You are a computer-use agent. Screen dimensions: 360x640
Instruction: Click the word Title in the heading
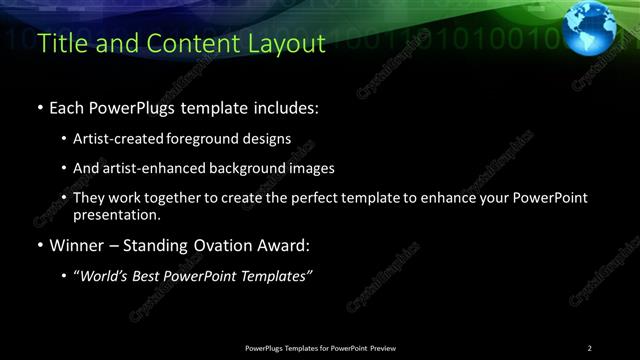[60, 44]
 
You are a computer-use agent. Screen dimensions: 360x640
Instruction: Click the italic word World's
[107, 276]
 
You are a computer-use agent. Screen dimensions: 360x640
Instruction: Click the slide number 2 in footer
[589, 348]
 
